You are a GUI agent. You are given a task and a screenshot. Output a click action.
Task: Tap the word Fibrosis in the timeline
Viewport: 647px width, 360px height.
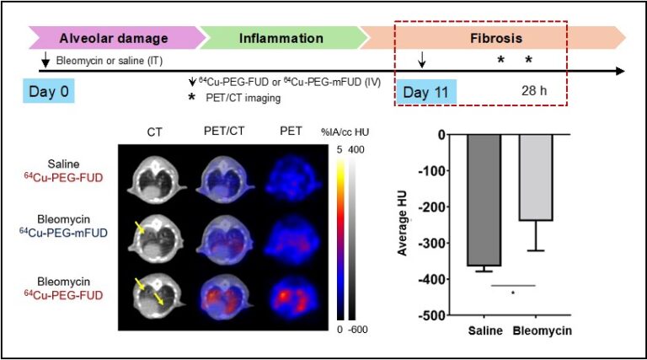coord(495,38)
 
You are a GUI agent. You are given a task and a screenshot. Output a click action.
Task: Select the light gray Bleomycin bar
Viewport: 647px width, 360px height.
coord(537,177)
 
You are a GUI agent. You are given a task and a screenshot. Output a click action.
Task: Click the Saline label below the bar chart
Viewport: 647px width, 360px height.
coord(488,330)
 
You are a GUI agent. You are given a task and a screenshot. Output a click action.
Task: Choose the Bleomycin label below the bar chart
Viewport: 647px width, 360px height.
coord(542,330)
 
